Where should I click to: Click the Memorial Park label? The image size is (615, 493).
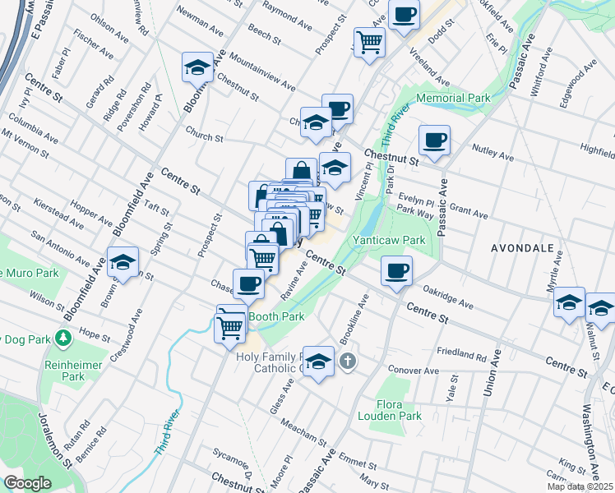453,98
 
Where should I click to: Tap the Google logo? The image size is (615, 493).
27,483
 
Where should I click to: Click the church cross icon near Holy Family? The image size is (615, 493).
348,361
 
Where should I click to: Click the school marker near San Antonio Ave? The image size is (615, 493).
123,263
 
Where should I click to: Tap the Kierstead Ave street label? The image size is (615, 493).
58,212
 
